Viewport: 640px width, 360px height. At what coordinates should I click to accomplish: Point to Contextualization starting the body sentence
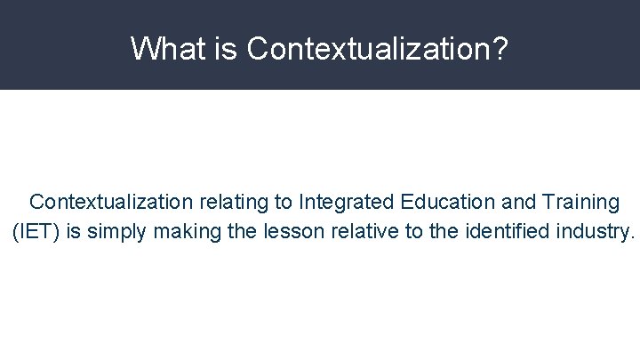[x=110, y=203]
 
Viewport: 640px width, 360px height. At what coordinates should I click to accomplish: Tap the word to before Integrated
[x=284, y=203]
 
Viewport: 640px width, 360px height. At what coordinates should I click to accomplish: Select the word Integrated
[x=343, y=203]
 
